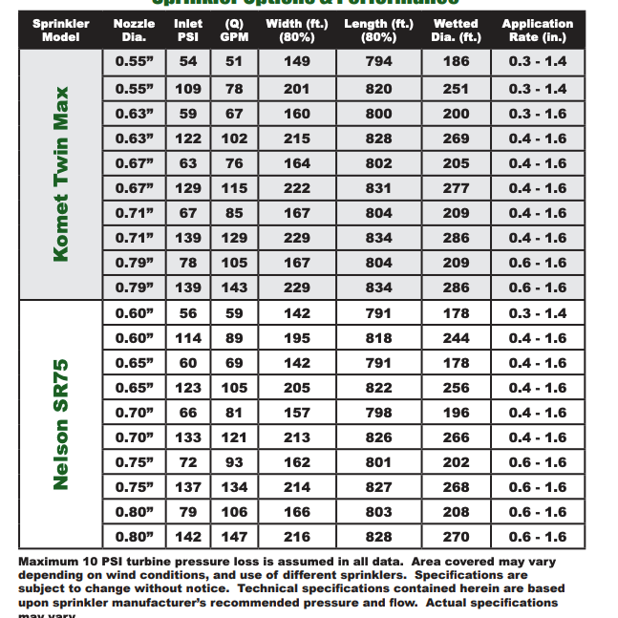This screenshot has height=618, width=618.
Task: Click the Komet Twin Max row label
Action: pos(61,174)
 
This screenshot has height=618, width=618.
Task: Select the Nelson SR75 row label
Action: pos(61,424)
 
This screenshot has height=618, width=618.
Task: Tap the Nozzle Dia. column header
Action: pos(134,31)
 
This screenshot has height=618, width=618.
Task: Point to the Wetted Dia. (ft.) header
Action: pos(457,31)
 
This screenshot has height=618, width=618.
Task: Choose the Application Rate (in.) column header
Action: pos(537,31)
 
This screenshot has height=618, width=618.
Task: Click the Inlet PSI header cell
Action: pos(188,31)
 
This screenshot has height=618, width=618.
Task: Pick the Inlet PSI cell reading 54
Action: pos(188,62)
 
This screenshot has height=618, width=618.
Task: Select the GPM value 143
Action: pos(234,288)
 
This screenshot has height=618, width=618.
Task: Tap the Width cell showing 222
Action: pos(297,188)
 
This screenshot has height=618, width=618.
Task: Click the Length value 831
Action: pos(378,188)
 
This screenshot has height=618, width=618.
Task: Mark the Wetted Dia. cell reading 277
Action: pos(457,188)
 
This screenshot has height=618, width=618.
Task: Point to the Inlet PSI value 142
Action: pos(188,537)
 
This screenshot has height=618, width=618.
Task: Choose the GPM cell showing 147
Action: pos(234,537)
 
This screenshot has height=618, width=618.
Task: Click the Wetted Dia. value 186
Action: pos(457,62)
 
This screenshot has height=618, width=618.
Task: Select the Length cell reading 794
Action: pos(378,62)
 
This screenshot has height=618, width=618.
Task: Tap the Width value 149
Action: pos(297,62)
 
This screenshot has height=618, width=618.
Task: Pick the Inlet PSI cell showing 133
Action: pos(188,437)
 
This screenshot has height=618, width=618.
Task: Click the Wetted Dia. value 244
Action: pos(457,338)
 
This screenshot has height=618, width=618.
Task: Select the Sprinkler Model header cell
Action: pos(61,31)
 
